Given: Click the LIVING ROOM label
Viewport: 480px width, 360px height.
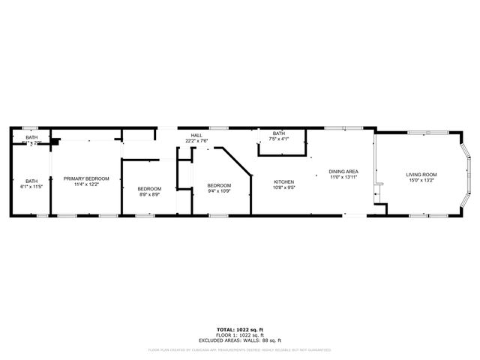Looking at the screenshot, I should pos(421,175).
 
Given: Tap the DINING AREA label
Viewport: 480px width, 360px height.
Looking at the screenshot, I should pos(344,172).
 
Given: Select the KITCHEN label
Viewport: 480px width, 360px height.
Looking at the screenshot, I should pos(283,182).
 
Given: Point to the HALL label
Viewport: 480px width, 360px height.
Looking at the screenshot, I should pos(196,136).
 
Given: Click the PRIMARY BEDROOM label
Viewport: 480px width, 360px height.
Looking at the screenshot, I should pos(86,178).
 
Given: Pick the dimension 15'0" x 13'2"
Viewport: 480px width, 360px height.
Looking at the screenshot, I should pos(421,180).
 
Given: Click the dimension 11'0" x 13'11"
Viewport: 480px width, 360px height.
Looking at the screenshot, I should pos(344,177).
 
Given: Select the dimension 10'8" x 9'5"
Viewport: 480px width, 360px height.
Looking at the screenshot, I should pos(283,187).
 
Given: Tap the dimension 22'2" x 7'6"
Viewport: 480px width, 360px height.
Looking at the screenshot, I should pos(196,141).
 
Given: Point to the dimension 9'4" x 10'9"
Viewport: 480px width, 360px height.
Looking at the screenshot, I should pos(219,190).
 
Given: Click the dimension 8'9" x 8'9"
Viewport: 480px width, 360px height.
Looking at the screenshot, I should pos(149,194).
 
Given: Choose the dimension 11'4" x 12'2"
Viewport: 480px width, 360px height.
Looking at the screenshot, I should pos(86,184).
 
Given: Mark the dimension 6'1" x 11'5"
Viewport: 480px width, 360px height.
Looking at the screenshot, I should pos(31,186).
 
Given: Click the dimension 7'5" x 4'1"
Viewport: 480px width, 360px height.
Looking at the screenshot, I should pos(279,139).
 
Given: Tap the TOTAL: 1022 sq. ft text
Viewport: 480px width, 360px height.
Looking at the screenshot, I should pos(239,330).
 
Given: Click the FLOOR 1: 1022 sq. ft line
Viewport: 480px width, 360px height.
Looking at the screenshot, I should pos(239,334).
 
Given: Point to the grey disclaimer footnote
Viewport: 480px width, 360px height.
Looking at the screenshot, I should pos(239,349).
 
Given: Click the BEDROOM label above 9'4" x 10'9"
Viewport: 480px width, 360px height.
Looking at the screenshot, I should pos(219,185).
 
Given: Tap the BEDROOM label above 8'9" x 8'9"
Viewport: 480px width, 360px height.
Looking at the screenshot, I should pos(149,188).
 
